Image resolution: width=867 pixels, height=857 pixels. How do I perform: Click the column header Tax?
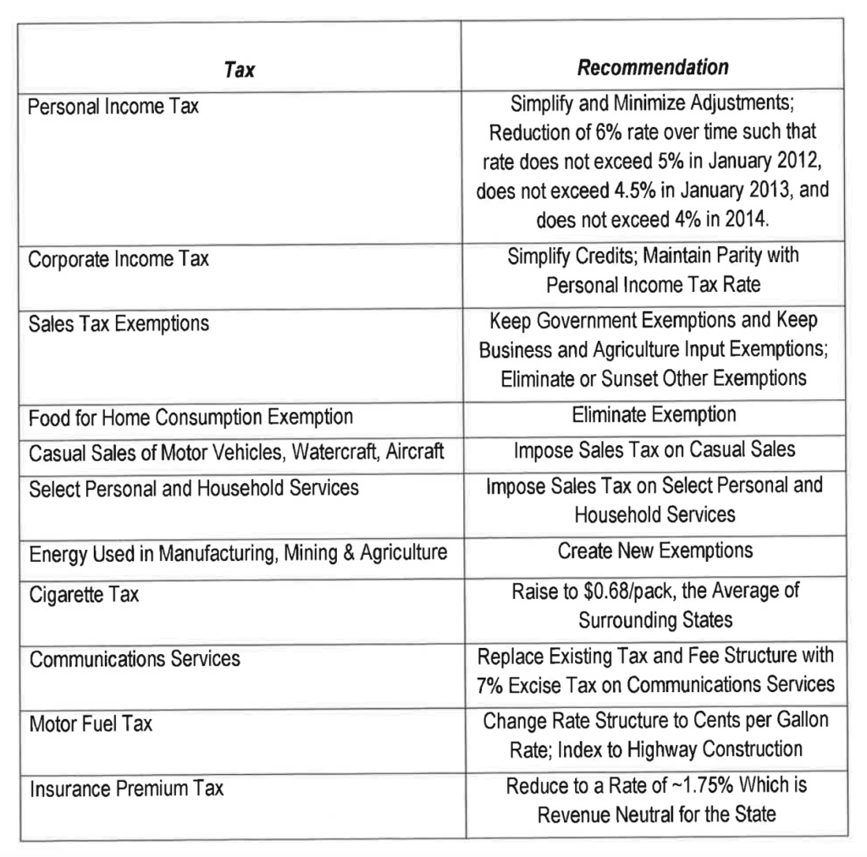[240, 70]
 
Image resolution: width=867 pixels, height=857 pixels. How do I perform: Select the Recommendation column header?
[653, 67]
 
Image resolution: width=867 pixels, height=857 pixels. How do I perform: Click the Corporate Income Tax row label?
[119, 259]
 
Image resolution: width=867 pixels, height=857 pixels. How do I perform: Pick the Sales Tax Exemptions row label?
[119, 324]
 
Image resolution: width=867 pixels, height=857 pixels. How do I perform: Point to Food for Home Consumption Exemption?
[191, 417]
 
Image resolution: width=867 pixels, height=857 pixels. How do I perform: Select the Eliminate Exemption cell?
[654, 415]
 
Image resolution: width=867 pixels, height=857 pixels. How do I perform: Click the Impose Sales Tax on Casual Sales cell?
[654, 449]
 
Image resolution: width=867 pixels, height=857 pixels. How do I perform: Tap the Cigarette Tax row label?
[84, 595]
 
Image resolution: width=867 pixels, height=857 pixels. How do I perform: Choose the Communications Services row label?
[135, 659]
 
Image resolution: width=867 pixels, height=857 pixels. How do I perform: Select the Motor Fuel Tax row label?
[91, 724]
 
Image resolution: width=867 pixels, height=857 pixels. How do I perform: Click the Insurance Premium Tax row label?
[126, 789]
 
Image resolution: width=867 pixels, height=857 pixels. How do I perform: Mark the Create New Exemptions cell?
[654, 551]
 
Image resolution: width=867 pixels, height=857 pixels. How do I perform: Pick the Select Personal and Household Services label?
[194, 488]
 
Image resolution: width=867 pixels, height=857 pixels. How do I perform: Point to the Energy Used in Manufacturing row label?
[238, 553]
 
